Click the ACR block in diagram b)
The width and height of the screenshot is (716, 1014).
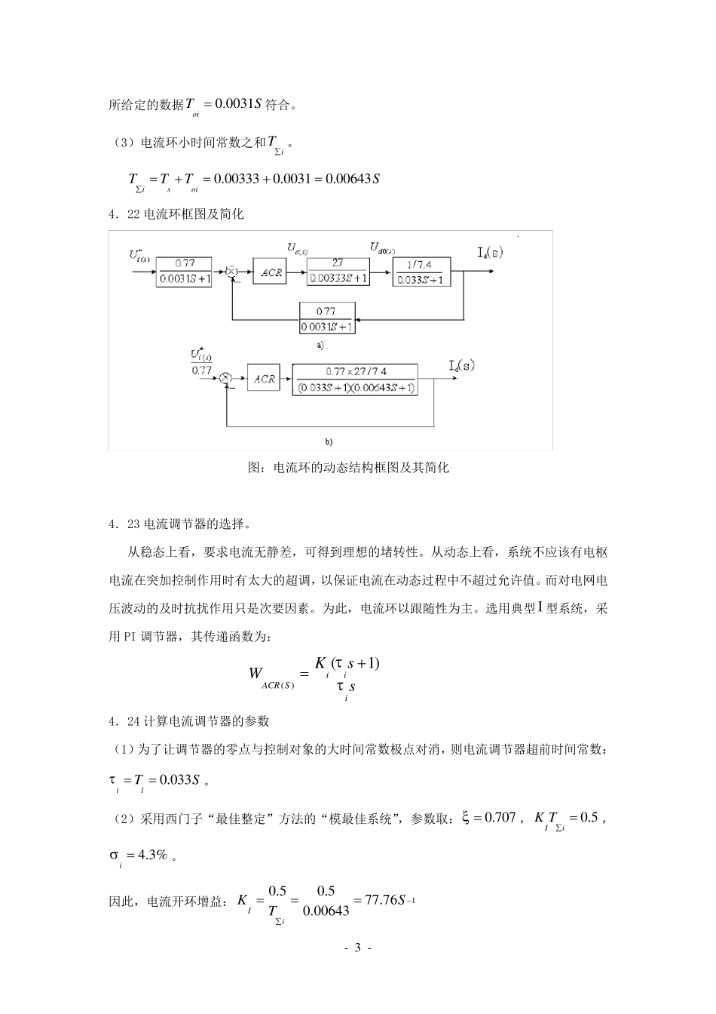(x=264, y=379)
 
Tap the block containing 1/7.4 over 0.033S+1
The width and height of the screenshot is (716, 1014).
(x=421, y=272)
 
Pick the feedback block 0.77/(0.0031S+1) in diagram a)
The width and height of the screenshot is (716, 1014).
(x=327, y=318)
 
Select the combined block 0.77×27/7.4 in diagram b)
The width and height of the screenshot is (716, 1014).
(x=356, y=379)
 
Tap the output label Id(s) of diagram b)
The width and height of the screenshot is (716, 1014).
(x=461, y=366)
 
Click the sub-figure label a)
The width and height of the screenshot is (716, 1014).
(x=320, y=345)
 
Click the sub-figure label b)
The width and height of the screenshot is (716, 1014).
(x=329, y=440)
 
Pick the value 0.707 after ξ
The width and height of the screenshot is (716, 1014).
(x=500, y=817)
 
